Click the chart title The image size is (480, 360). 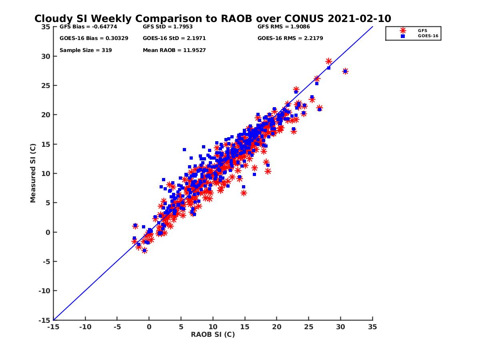click(x=212, y=19)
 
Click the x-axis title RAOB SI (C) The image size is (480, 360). click(x=212, y=334)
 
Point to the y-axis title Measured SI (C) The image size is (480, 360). click(x=33, y=173)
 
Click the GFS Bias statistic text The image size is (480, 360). click(x=85, y=27)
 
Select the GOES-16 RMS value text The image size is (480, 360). click(x=290, y=38)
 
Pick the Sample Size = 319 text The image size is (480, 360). click(x=86, y=50)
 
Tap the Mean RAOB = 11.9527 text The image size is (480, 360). click(x=174, y=50)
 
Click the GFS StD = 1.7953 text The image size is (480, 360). click(x=168, y=27)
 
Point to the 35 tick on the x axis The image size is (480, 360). click(x=372, y=327)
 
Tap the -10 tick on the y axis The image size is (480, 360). click(x=44, y=291)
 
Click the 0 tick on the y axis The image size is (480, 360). click(x=48, y=232)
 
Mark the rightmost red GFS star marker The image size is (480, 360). click(x=345, y=71)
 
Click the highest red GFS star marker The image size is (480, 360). click(x=328, y=61)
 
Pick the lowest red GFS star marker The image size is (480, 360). click(x=144, y=250)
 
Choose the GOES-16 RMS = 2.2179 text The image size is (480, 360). click(x=290, y=38)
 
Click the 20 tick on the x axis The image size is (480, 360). click(x=276, y=327)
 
